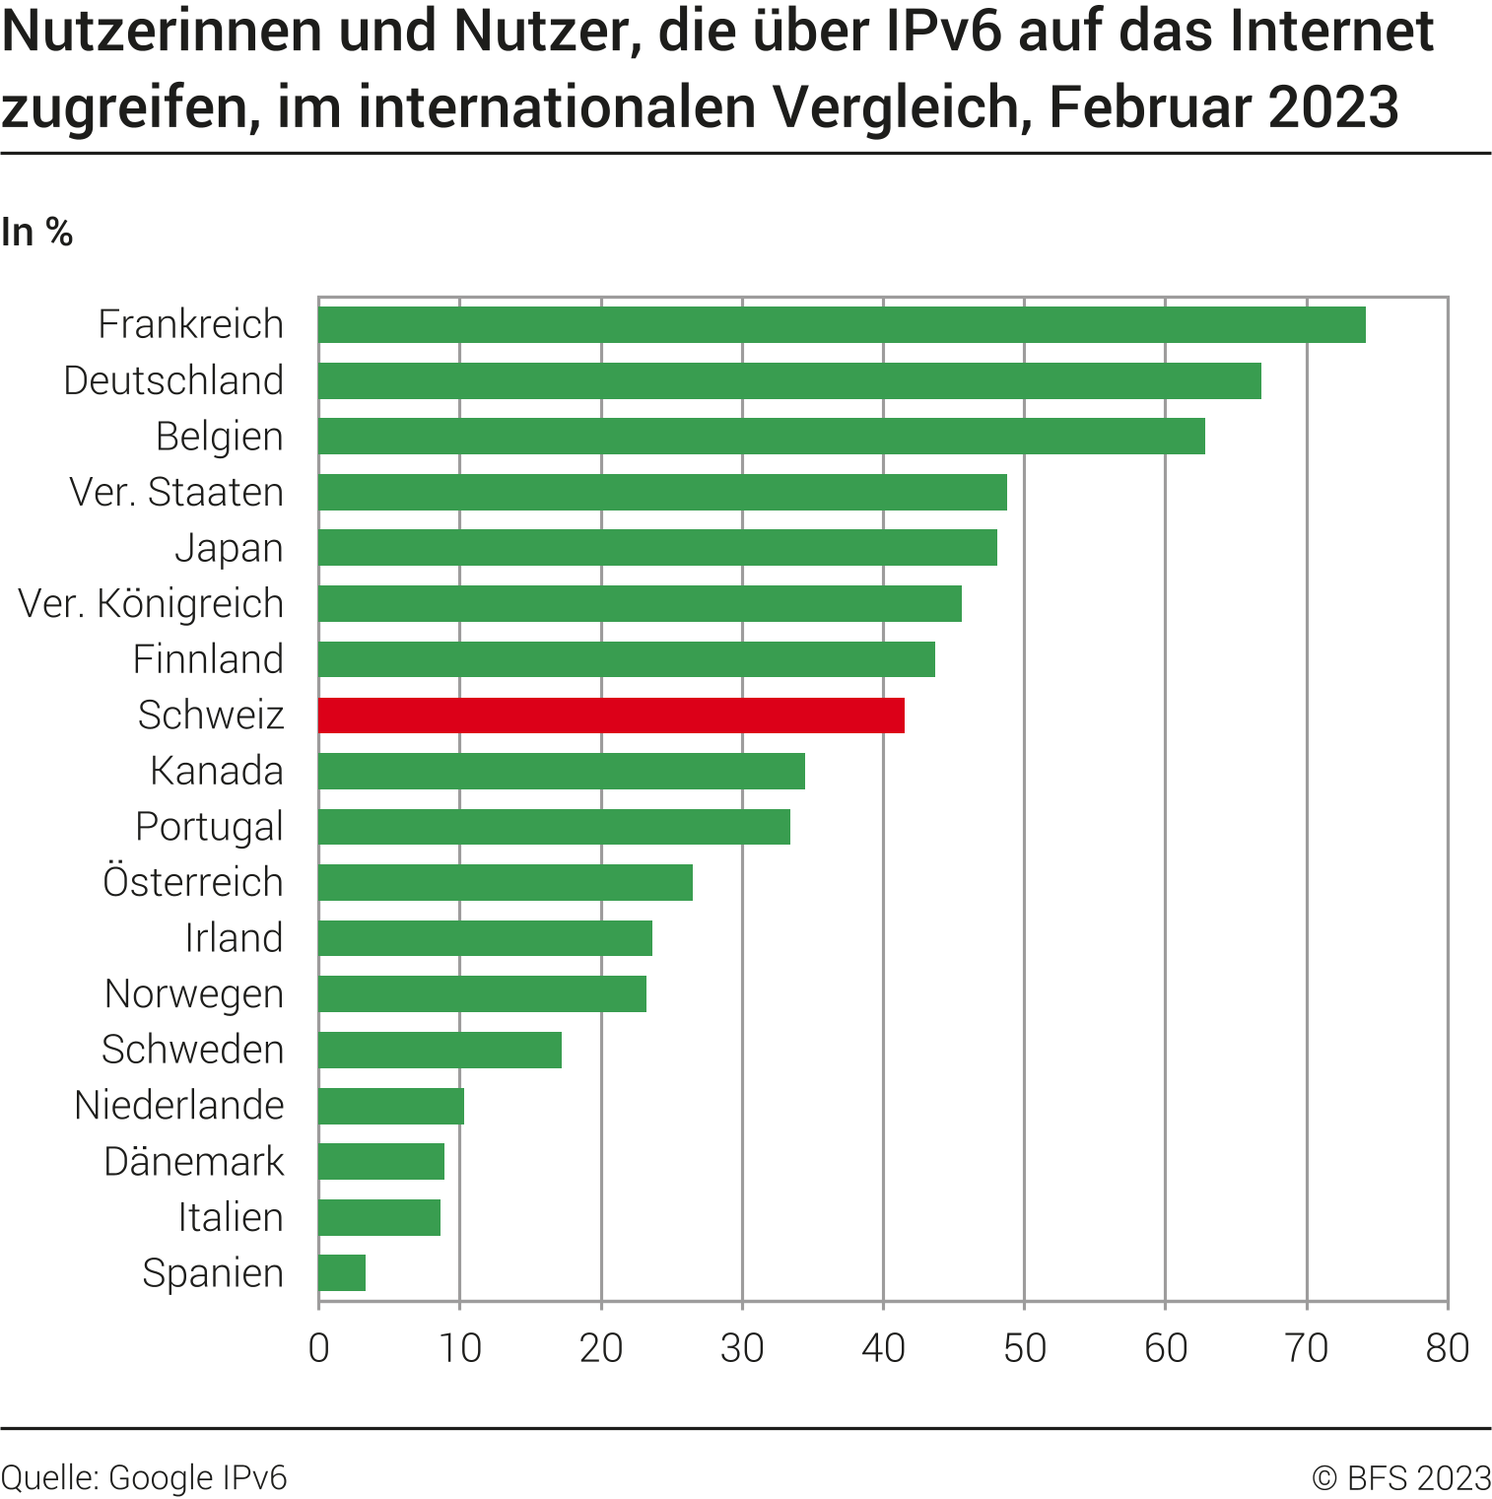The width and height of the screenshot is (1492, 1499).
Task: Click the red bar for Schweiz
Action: coord(611,715)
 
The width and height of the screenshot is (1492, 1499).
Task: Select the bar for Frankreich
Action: coord(842,324)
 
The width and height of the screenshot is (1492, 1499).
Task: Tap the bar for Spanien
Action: coord(342,1272)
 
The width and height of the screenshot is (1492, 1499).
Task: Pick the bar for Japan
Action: coord(657,548)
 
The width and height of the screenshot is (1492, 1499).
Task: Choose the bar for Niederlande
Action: coord(391,1106)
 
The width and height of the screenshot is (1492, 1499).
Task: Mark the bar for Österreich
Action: coord(506,882)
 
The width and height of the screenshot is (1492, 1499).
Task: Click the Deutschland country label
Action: coord(173,380)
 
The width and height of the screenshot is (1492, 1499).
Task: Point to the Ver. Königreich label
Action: coord(151,603)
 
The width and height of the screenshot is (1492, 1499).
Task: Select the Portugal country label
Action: coord(209,827)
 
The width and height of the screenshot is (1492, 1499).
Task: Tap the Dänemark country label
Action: coord(194,1161)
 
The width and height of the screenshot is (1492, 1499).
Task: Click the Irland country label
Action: coord(234,938)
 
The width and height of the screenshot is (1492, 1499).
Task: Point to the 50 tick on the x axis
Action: coord(1024,1348)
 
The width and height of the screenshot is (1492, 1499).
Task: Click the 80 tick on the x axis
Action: coord(1447,1348)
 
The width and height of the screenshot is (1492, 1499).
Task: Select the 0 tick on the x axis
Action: coord(318,1348)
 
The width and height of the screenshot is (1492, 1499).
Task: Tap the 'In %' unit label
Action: coord(37,233)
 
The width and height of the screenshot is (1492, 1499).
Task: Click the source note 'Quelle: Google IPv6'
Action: coord(144,1477)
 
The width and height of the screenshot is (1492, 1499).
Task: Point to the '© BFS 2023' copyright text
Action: coord(1401,1477)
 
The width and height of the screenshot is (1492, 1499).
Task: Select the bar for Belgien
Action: coord(761,436)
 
